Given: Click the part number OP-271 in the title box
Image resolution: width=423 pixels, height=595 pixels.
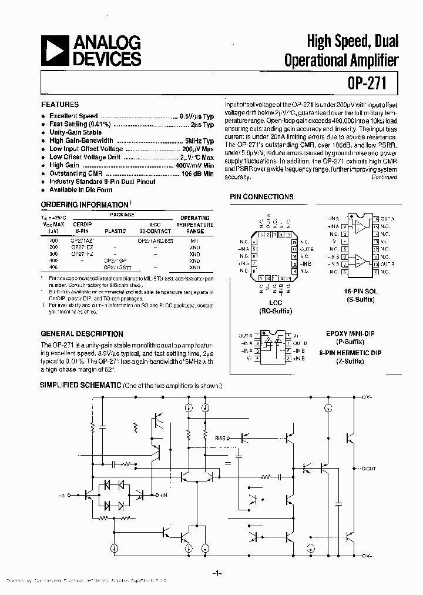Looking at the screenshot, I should (362, 83).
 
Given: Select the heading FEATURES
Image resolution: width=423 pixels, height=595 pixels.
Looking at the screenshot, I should (59, 103).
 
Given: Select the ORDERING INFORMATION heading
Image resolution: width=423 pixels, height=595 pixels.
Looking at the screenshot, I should (83, 205).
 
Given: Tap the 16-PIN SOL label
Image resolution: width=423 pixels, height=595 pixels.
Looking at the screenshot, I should (360, 291).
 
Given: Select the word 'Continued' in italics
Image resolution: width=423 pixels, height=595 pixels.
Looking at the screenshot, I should (384, 176).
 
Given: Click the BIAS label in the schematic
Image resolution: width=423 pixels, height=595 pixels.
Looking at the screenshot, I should (222, 438).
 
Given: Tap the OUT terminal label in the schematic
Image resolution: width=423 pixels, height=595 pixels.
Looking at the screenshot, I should (371, 469).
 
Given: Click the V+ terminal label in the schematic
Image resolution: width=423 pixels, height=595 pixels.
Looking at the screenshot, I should (367, 397).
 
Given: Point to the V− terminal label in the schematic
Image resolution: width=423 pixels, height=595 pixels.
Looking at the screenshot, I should (367, 556).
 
